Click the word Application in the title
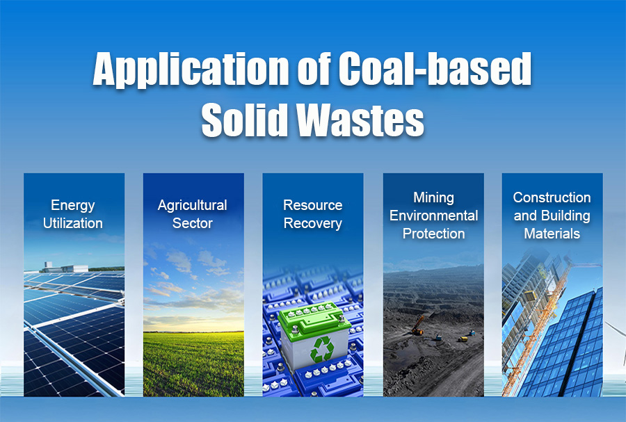[x=191, y=70]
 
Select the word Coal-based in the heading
[x=435, y=68]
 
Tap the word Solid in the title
[x=245, y=120]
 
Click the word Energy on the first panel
[x=72, y=205]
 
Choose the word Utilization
[x=72, y=223]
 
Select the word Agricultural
[x=193, y=205]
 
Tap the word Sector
[x=193, y=223]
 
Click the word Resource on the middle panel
[x=312, y=205]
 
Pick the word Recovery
[x=312, y=223]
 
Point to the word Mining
[x=433, y=198]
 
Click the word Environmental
[x=433, y=216]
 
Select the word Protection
[x=433, y=234]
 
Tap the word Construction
[x=552, y=197]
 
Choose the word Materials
[x=552, y=234]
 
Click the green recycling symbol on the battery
[x=322, y=349]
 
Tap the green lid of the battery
[x=314, y=318]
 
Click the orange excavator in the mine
[x=417, y=326]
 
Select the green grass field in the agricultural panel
[x=193, y=364]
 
